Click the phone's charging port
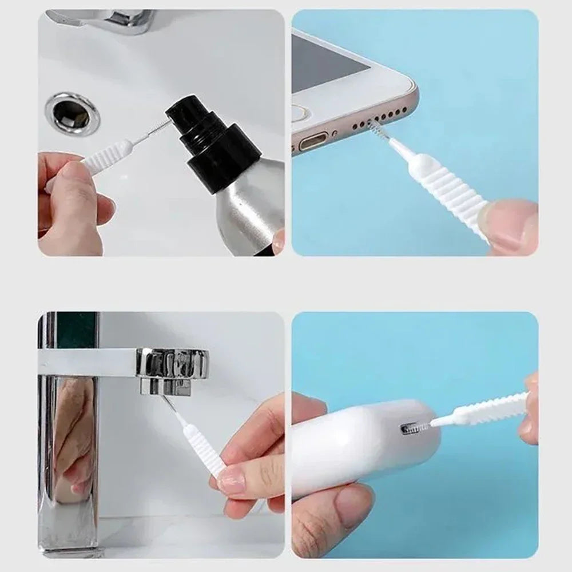(313, 140)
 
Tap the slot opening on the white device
(414, 427)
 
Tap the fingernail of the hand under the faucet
(232, 481)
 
